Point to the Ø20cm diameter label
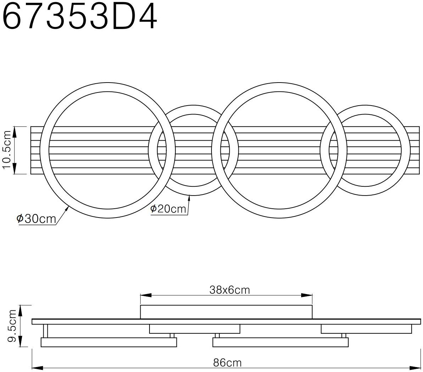point(168,209)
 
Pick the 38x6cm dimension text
point(230,291)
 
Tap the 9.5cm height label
point(13,326)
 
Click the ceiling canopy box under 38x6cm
point(227,312)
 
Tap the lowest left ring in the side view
point(108,342)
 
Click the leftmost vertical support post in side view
point(45,331)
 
